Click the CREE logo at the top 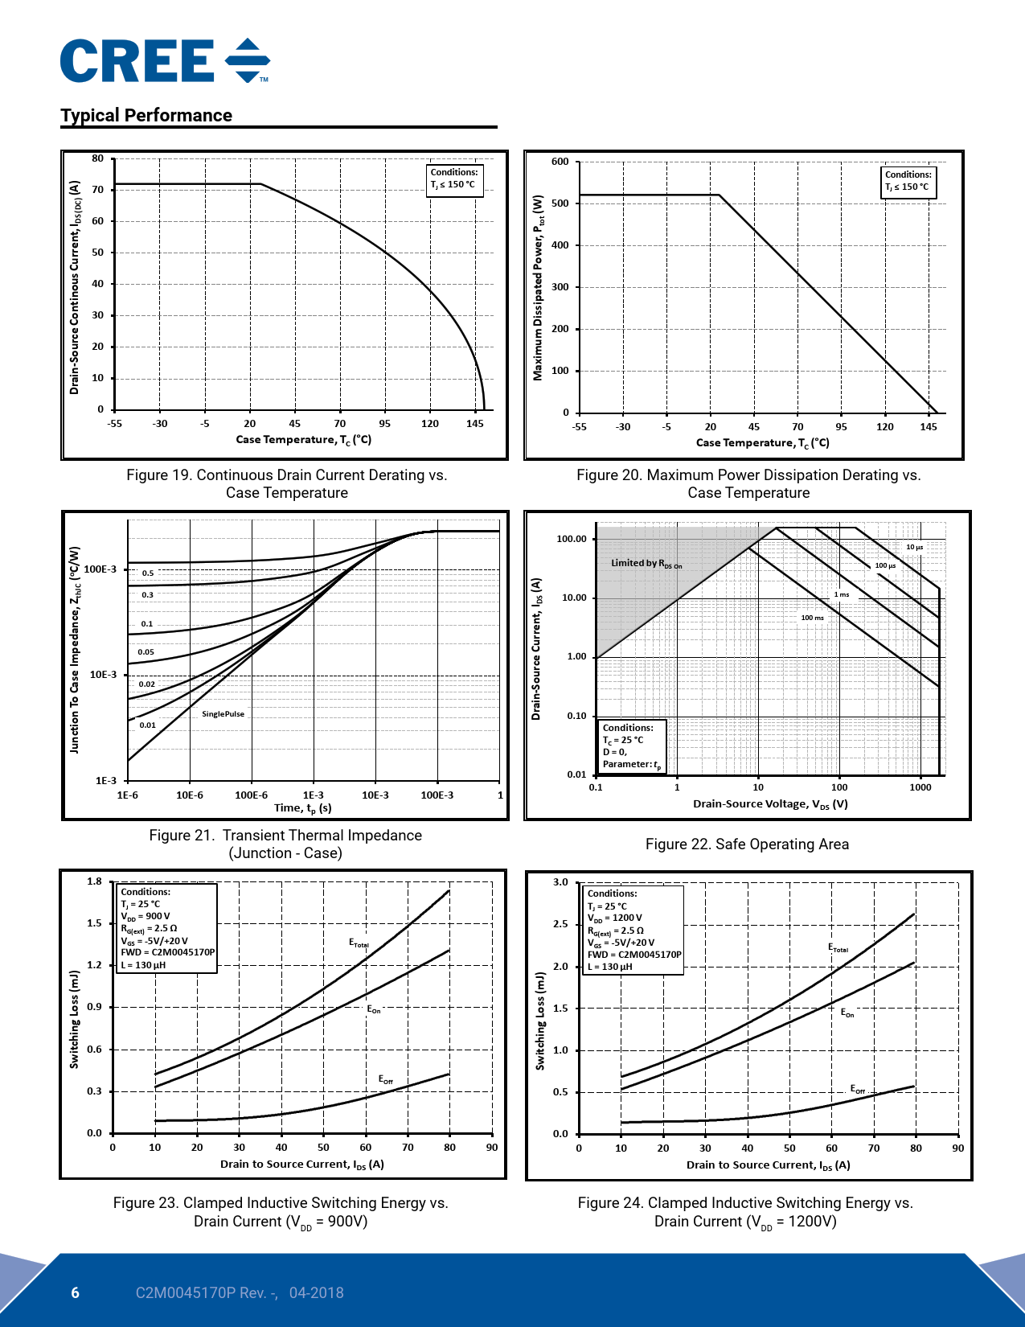165,61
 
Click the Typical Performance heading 146,115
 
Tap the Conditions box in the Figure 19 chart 454,179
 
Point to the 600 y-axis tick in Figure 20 560,162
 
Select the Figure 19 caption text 286,484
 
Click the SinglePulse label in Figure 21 223,714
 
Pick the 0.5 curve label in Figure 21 148,573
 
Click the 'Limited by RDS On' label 646,563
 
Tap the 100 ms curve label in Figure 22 812,618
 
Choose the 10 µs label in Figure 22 915,547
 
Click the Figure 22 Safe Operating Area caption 747,844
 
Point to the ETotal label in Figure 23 359,943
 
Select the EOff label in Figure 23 386,1079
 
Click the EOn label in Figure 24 847,1013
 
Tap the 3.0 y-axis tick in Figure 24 560,882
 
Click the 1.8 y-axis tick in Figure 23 95,881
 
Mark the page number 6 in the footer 76,1292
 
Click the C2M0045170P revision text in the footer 240,1292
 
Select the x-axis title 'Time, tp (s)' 303,808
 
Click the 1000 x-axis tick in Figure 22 920,787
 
